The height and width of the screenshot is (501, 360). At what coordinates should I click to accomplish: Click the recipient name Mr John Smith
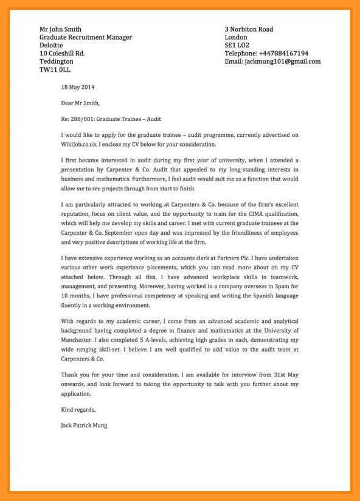[60, 29]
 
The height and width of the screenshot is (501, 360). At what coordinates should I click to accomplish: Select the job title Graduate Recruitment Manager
[85, 37]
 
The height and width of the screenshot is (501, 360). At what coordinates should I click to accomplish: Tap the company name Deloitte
[50, 45]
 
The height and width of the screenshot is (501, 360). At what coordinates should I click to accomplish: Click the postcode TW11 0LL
[55, 70]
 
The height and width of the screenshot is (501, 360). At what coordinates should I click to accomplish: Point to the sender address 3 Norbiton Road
[249, 29]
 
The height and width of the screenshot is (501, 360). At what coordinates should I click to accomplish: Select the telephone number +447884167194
[283, 54]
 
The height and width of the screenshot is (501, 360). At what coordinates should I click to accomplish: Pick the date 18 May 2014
[78, 87]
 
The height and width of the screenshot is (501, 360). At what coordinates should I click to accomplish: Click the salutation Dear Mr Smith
[80, 103]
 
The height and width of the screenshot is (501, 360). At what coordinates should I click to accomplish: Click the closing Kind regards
[78, 409]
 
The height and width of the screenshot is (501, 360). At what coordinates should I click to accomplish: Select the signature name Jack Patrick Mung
[85, 426]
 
